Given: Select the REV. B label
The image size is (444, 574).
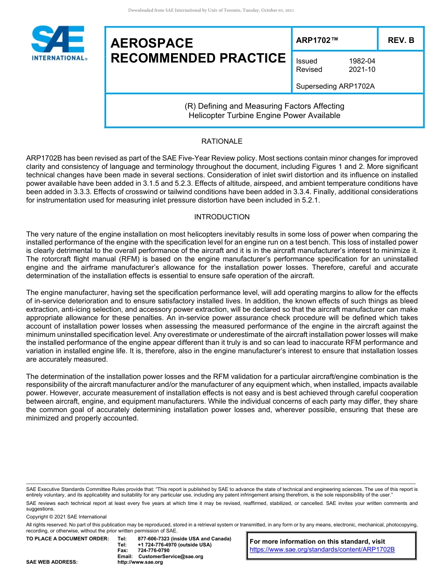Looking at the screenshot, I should pyautogui.click(x=401, y=40).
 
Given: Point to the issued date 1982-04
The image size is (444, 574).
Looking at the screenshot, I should pyautogui.click(x=362, y=61).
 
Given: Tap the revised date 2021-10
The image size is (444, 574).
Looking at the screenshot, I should pyautogui.click(x=362, y=70).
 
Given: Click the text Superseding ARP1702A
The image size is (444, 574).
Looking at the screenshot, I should pyautogui.click(x=336, y=86).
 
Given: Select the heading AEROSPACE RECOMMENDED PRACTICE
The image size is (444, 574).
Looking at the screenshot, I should pyautogui.click(x=198, y=51).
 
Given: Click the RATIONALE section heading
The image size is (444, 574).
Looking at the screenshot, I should pyautogui.click(x=222, y=141).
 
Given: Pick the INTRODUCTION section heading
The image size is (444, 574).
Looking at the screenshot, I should pyautogui.click(x=222, y=217).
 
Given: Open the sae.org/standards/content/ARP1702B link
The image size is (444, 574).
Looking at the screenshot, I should pyautogui.click(x=322, y=549).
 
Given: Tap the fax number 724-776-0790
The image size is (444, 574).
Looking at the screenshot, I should pyautogui.click(x=154, y=551).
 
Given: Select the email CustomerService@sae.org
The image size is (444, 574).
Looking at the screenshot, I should pyautogui.click(x=171, y=556).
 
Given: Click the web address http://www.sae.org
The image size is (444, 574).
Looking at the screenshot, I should pyautogui.click(x=140, y=562).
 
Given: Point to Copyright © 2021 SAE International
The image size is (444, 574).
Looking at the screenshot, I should pyautogui.click(x=66, y=517).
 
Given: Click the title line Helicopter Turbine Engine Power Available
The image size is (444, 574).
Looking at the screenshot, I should pyautogui.click(x=264, y=115).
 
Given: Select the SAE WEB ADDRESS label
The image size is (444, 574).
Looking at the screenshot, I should pyautogui.click(x=52, y=562).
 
